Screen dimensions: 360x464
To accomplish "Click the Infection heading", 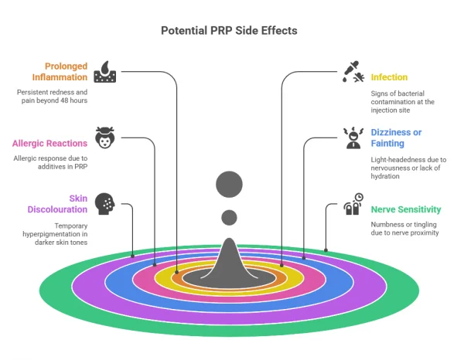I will click(389, 77).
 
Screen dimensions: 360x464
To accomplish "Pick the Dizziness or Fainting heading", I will click(396, 138).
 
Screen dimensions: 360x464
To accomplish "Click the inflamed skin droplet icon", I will click(104, 71).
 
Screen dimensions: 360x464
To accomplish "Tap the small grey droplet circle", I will click(229, 217).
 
